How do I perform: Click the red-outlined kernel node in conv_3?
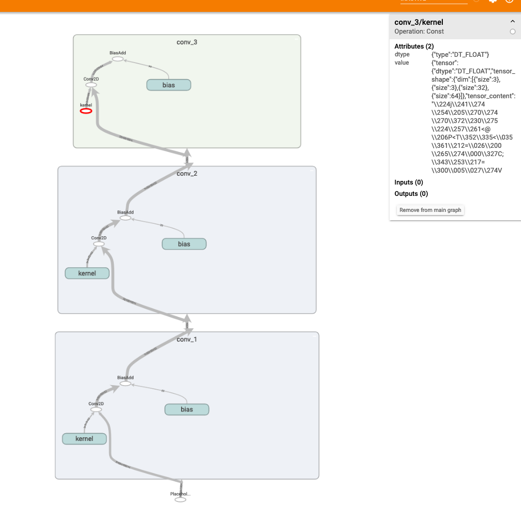pos(86,111)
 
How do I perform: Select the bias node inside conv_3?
pos(169,85)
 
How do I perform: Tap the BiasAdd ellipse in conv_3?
pos(117,59)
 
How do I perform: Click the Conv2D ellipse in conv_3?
pos(91,85)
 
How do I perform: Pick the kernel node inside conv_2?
pos(87,273)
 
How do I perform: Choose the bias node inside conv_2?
pos(184,244)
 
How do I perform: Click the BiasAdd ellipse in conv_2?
pos(125,218)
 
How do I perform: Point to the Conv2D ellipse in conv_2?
pos(99,244)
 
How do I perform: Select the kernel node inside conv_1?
pos(84,439)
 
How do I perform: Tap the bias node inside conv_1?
pos(187,409)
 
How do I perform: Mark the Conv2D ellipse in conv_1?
pos(96,409)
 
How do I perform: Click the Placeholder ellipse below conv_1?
pos(180,500)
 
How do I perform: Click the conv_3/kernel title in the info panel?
pos(419,22)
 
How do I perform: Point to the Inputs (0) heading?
pos(409,182)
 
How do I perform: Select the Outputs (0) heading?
pos(411,194)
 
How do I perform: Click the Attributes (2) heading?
pos(414,47)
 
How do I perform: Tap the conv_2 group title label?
pos(187,174)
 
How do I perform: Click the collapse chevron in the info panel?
pos(512,22)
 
